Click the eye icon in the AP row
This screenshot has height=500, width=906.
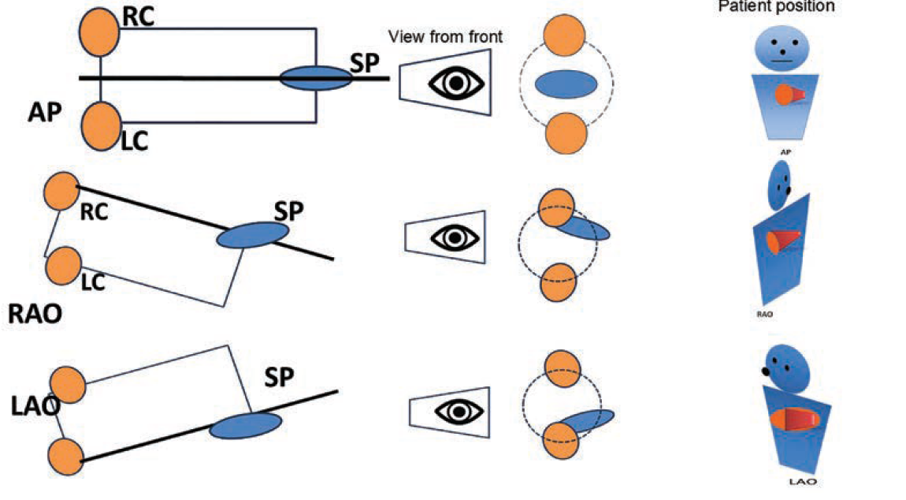coord(445,82)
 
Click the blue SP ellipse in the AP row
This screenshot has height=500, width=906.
coord(316,78)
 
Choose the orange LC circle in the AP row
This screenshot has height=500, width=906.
coord(100,124)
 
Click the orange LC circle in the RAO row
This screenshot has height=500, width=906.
coord(62,267)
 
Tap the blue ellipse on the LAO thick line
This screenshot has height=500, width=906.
coord(245,425)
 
